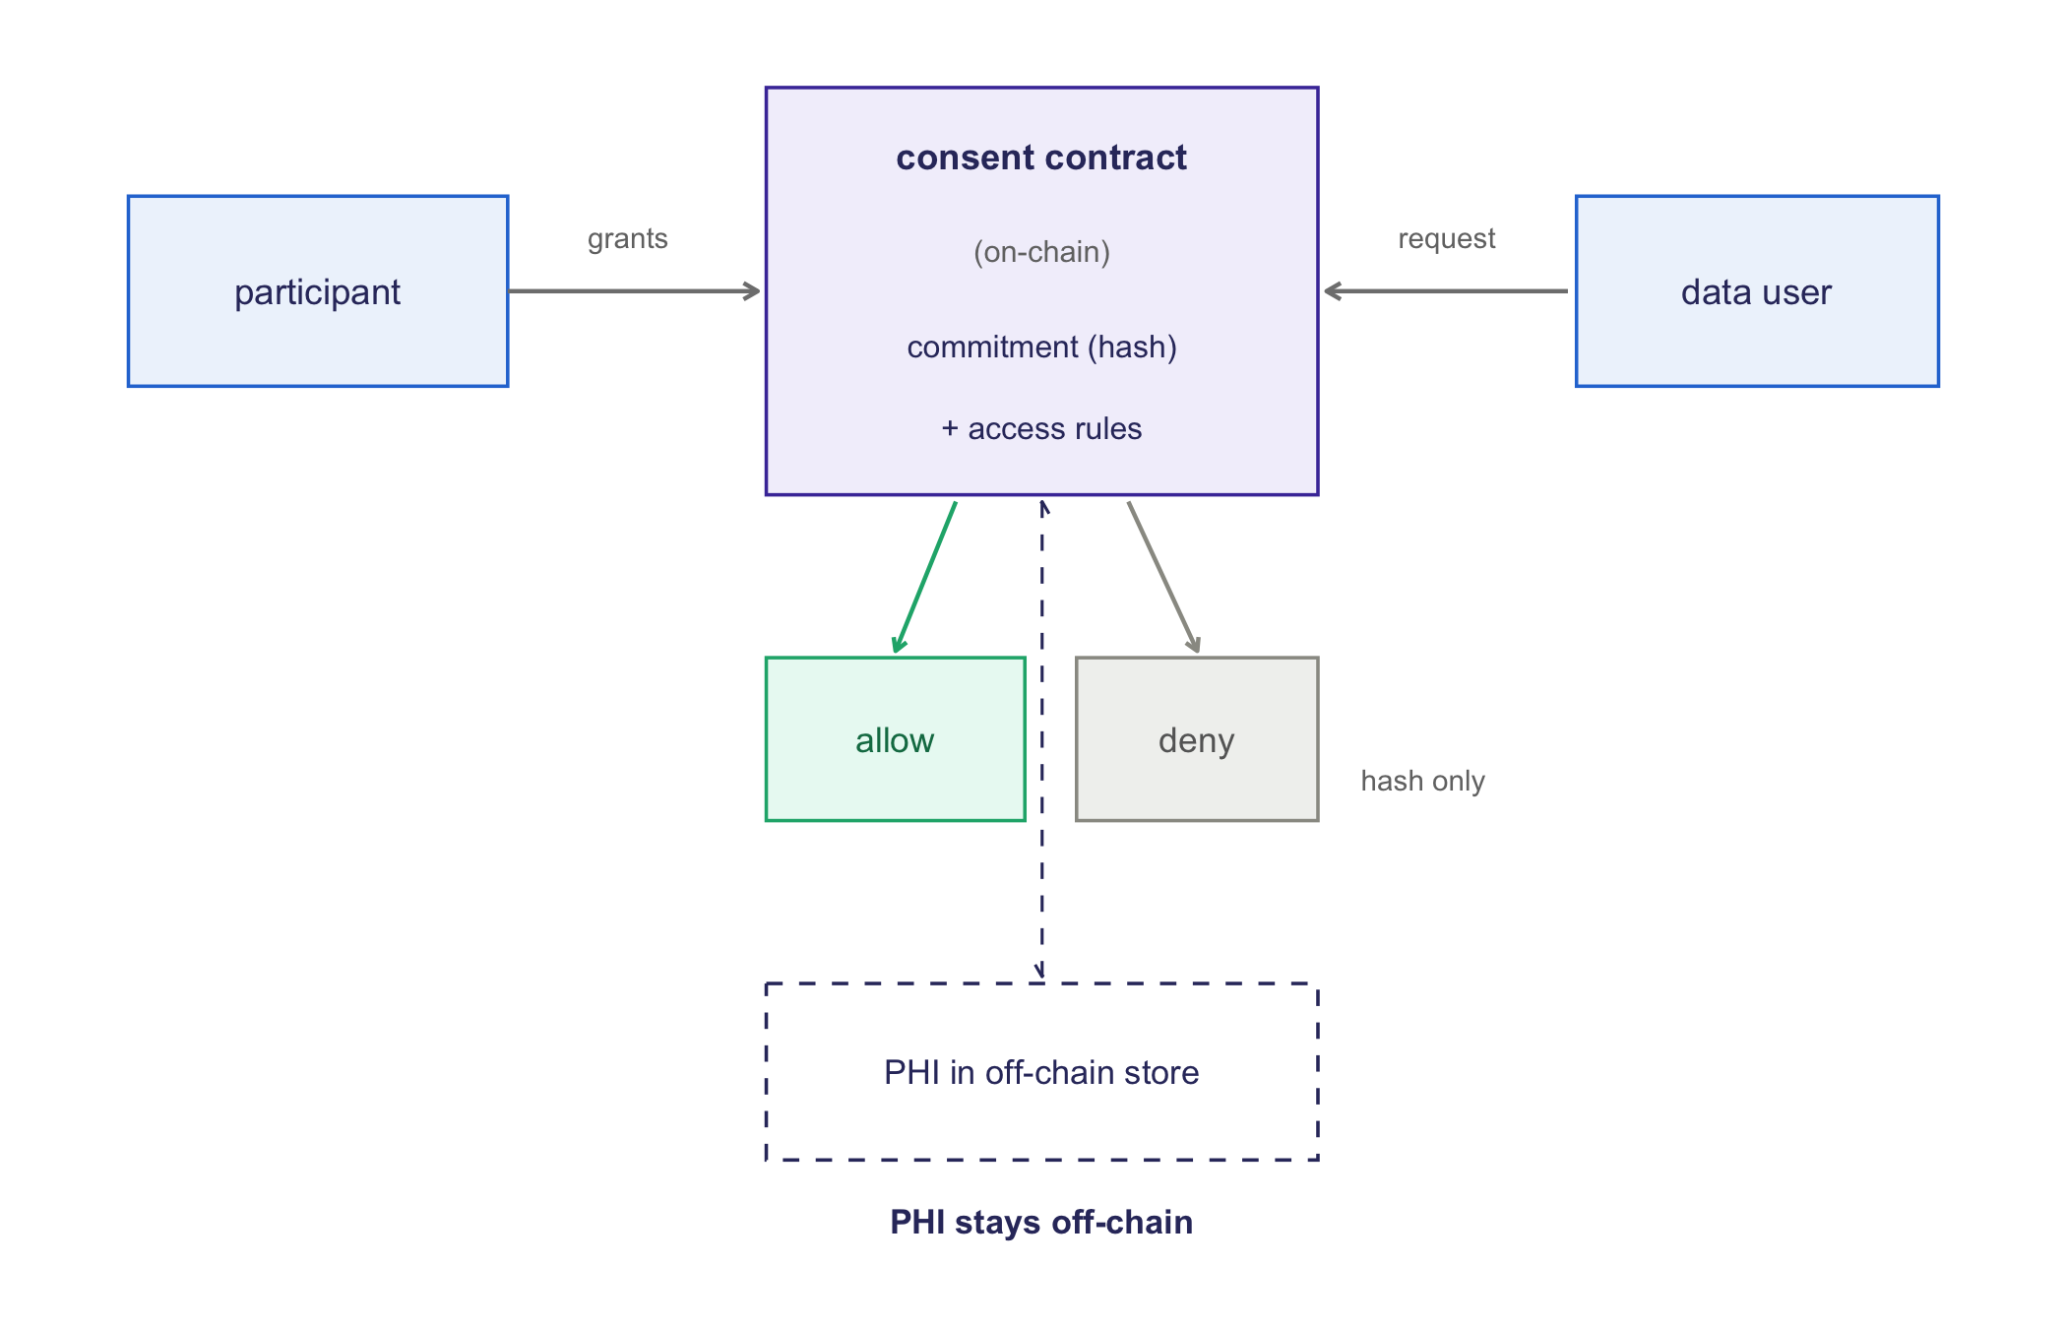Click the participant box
tap(318, 291)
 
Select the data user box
tap(1757, 291)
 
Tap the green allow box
tap(896, 739)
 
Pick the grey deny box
tap(1197, 739)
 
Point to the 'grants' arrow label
tap(628, 239)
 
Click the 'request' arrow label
tap(1447, 239)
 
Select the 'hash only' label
tap(1422, 781)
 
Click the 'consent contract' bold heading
tap(1041, 158)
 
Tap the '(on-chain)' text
tap(1041, 252)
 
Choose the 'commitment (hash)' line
tap(1041, 347)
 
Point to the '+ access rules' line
tap(1041, 428)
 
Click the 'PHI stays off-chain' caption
tap(1041, 1222)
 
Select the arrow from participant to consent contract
tap(635, 291)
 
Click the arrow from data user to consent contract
tap(1446, 291)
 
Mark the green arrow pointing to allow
tap(925, 578)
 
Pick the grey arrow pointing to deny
tap(1163, 578)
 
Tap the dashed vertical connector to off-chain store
tap(1041, 739)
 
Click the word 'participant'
tap(318, 292)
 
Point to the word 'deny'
tap(1197, 740)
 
